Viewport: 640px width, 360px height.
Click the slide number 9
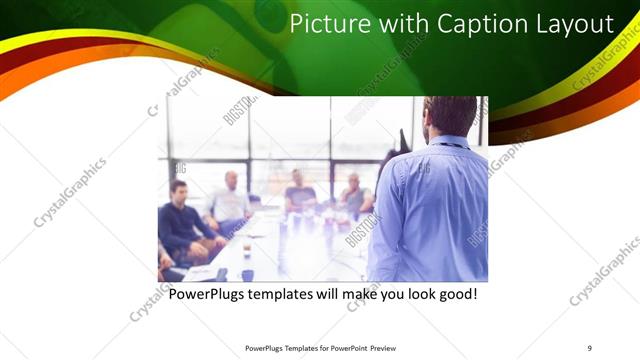(x=589, y=347)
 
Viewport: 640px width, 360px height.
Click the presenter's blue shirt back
(x=430, y=210)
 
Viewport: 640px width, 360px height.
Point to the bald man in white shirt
(x=229, y=201)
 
